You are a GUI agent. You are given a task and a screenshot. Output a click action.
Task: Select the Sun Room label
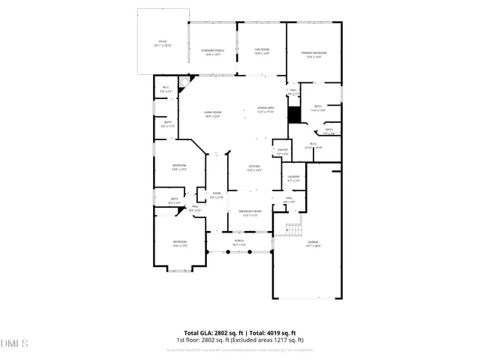pyautogui.click(x=261, y=52)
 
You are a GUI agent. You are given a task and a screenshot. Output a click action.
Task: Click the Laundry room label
pyautogui.click(x=293, y=178)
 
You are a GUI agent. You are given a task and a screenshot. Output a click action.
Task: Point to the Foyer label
pyautogui.click(x=217, y=196)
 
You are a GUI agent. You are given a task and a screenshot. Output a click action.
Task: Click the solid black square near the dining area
pyautogui.click(x=295, y=115)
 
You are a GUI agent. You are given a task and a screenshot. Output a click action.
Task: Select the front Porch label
pyautogui.click(x=239, y=242)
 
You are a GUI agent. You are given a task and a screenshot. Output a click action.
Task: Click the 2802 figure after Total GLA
pyautogui.click(x=225, y=333)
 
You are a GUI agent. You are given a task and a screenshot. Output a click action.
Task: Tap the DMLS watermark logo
pyautogui.click(x=14, y=344)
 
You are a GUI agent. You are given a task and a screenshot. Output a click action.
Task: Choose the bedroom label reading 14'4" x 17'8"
pyautogui.click(x=180, y=244)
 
